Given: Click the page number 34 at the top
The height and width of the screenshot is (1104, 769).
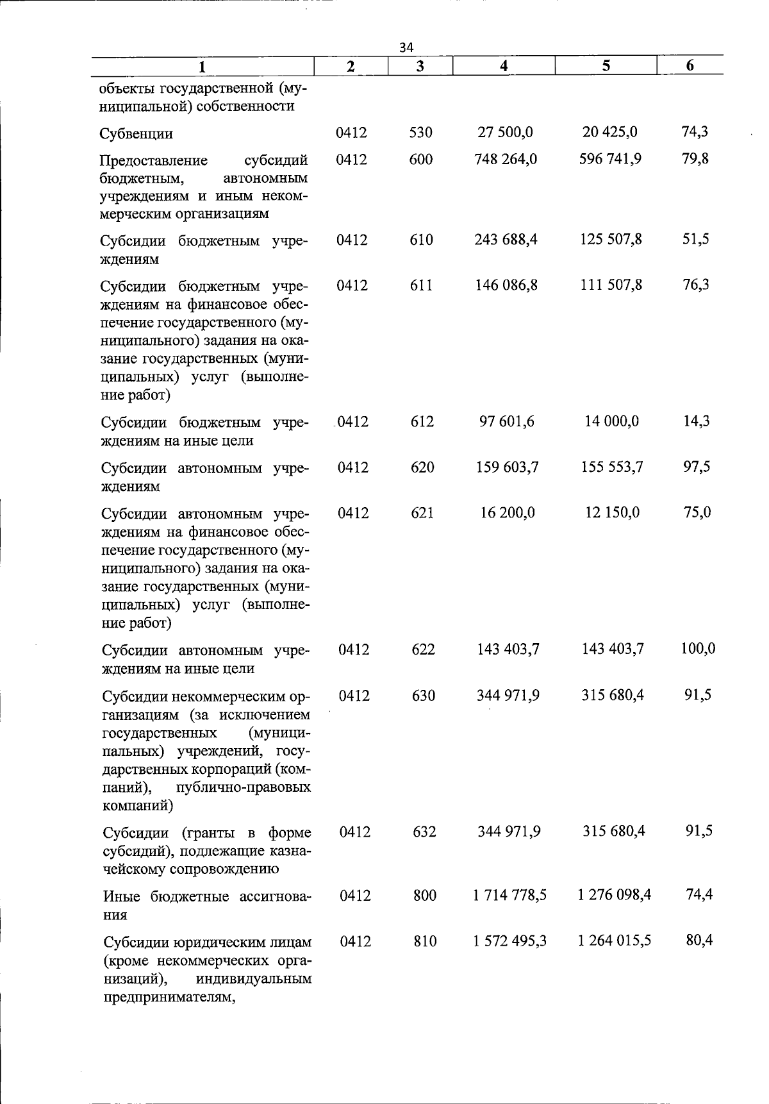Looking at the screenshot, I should (406, 47).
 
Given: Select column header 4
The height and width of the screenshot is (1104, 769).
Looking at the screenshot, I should (504, 65).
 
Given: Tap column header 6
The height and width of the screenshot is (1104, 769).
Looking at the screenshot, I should (690, 65).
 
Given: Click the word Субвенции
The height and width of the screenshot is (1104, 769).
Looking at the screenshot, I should (136, 134).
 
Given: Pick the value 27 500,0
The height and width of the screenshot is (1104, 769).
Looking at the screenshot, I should (505, 132).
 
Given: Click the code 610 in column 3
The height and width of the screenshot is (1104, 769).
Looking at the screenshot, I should (422, 240).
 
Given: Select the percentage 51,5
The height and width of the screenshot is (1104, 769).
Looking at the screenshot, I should (695, 240).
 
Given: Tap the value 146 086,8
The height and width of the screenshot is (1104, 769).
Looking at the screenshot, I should (506, 285).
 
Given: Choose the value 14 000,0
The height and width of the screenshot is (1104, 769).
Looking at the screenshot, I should (612, 421).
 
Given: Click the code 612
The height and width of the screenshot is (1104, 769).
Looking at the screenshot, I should (422, 421).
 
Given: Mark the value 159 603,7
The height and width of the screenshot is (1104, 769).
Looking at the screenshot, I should (508, 467).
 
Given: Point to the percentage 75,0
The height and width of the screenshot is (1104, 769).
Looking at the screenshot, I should (697, 513).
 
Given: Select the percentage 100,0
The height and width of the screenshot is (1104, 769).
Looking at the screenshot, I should (698, 649).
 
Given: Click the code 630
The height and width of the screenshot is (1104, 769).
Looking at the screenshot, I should (424, 696).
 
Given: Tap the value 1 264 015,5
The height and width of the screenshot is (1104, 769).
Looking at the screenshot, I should (615, 941).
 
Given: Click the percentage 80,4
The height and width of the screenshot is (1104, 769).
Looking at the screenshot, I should (699, 941).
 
